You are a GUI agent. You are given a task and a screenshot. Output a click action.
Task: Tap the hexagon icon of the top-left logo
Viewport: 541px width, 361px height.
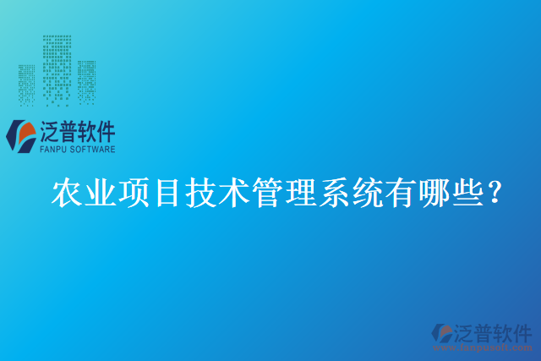coord(21,136)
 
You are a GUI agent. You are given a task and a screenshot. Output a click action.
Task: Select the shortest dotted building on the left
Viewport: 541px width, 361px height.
coord(28,84)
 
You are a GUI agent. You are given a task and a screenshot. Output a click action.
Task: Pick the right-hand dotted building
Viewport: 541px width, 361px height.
coord(86,81)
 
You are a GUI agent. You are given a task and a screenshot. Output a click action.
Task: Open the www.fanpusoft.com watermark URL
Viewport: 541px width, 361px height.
coord(493,347)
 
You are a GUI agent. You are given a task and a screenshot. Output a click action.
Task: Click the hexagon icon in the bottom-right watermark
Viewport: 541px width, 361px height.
coord(441,333)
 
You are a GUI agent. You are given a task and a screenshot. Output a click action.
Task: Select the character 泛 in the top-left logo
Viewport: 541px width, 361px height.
coord(52,131)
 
